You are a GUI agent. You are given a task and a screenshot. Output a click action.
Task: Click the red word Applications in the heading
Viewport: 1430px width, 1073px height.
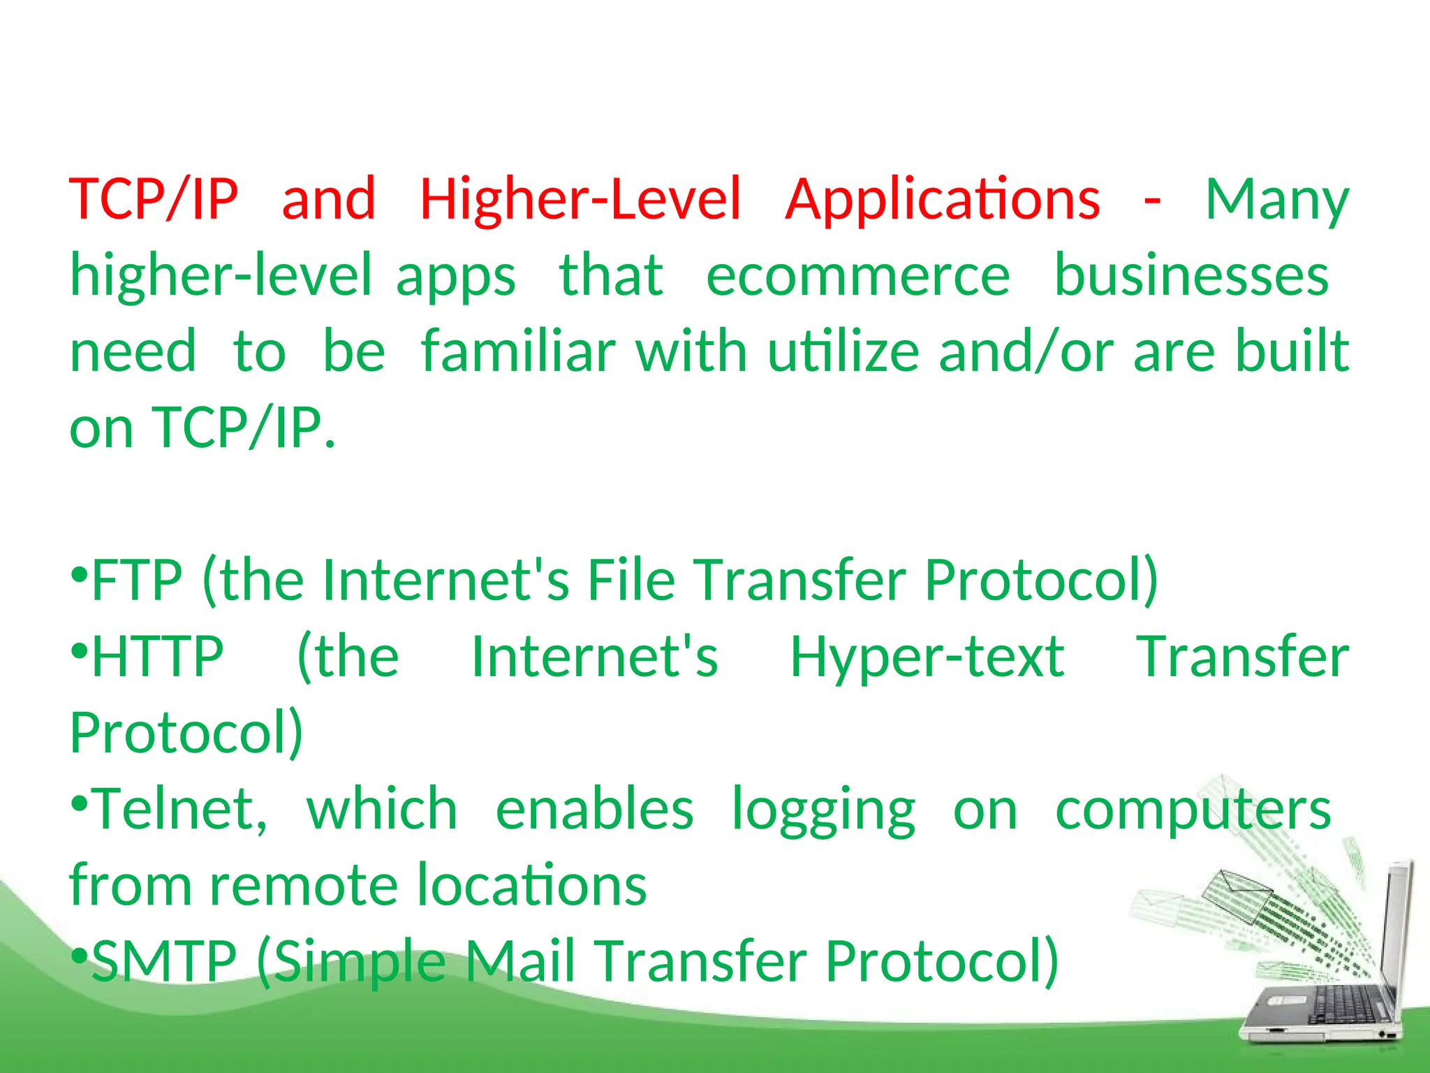tap(942, 200)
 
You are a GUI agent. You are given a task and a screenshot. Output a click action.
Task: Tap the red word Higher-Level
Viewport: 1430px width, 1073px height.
tap(580, 199)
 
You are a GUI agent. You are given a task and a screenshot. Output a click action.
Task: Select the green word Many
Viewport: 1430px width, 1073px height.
tap(1277, 200)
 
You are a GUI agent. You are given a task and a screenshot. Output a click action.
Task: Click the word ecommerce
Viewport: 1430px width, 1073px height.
tap(857, 276)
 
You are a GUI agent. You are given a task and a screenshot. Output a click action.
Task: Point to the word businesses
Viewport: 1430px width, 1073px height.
tap(1191, 276)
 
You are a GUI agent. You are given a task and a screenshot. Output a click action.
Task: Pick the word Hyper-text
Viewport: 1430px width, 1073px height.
tap(927, 658)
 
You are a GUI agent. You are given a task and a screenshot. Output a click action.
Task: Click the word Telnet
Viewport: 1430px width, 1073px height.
tap(179, 809)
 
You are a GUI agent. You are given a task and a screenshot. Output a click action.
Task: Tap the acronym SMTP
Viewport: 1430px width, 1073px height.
tap(164, 961)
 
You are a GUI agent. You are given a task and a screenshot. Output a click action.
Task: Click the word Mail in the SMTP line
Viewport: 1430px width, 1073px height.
tap(519, 961)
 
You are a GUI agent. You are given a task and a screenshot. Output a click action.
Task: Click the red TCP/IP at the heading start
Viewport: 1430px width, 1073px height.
tap(154, 200)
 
